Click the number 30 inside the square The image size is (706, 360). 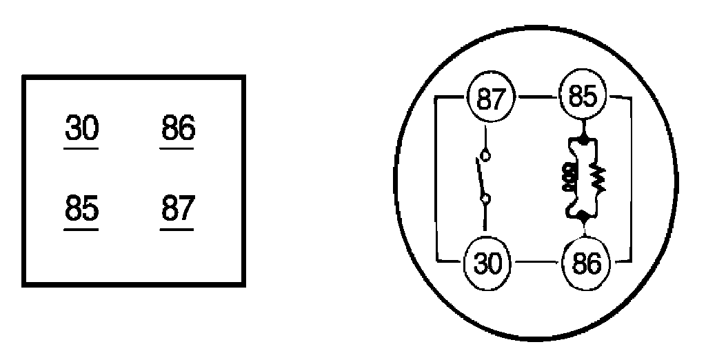[81, 128]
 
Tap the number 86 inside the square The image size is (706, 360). [177, 128]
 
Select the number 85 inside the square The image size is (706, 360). [81, 208]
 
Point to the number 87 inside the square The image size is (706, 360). [177, 208]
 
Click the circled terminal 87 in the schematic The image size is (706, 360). [492, 98]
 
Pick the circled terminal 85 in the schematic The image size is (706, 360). [583, 98]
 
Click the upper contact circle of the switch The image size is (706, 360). [486, 156]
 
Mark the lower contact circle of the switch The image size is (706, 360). [486, 200]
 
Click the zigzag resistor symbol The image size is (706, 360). [598, 181]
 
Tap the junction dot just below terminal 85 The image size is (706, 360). [584, 140]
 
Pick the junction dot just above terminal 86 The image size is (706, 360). [584, 219]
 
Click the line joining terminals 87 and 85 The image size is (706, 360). [537, 98]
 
